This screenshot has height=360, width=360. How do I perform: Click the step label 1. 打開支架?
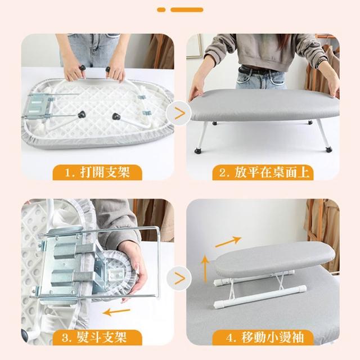tap(97, 173)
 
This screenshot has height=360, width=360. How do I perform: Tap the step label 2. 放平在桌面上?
tap(263, 173)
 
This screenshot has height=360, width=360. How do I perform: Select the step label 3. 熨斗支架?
tap(97, 337)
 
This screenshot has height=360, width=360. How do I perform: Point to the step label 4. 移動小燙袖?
tap(263, 337)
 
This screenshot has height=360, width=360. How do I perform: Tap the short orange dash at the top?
tap(161, 10)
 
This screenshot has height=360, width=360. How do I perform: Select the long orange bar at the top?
tap(187, 10)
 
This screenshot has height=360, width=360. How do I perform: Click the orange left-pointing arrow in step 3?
tap(116, 312)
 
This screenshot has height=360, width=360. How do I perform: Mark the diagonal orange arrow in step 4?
tap(228, 242)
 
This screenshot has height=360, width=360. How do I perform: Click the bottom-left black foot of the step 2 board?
tap(197, 151)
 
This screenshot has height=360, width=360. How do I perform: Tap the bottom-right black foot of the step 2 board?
tap(329, 150)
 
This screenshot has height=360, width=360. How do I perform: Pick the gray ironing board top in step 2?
tap(264, 105)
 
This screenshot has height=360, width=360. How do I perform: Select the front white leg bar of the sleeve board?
tap(260, 297)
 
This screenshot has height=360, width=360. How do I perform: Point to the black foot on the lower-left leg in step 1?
tap(81, 114)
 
